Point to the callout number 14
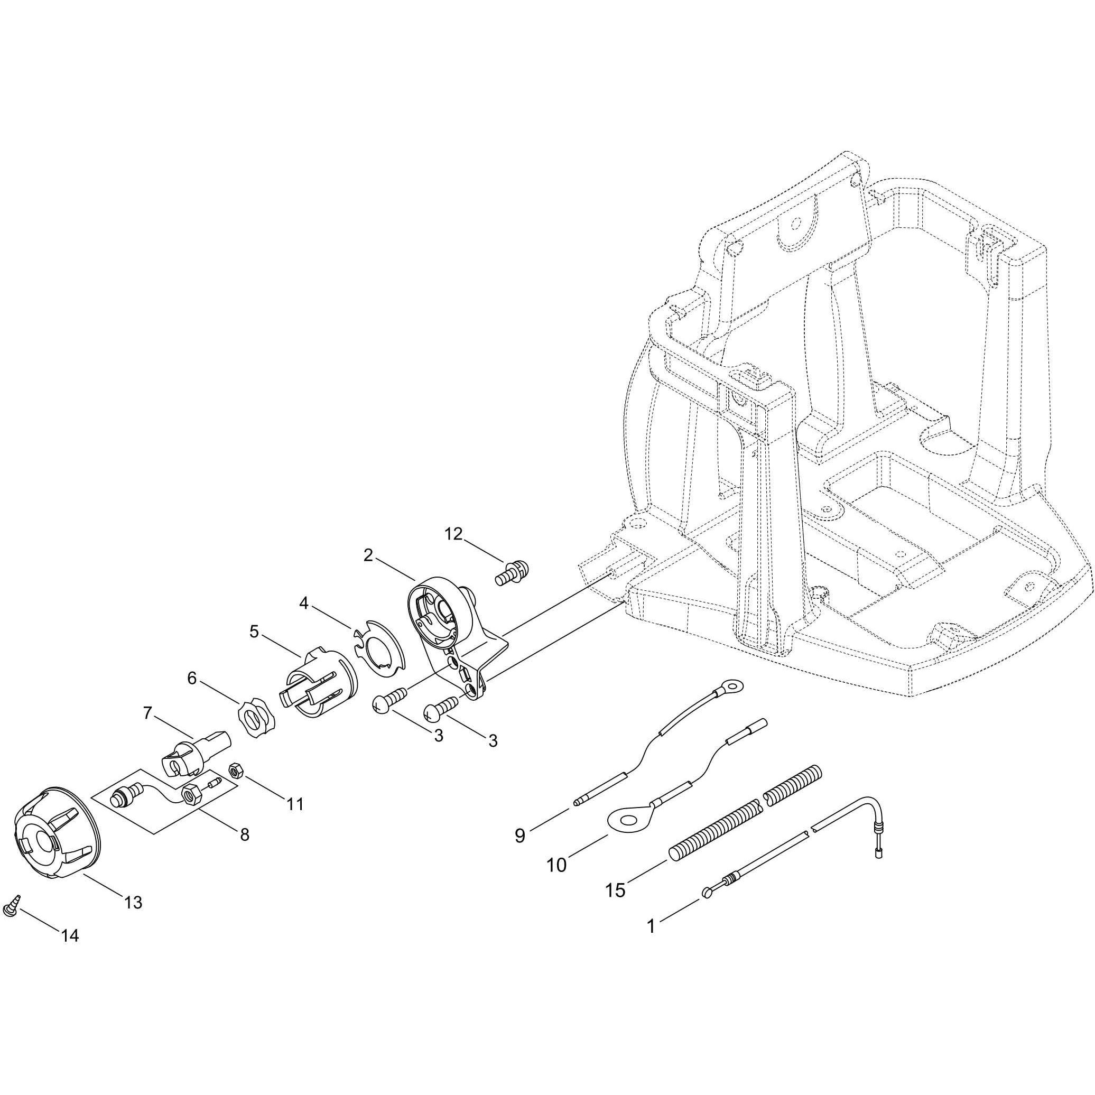pos(70,936)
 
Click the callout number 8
pos(244,834)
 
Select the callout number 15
pos(616,890)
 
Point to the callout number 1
pos(651,926)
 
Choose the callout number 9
pos(519,836)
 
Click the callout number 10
pos(556,865)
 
